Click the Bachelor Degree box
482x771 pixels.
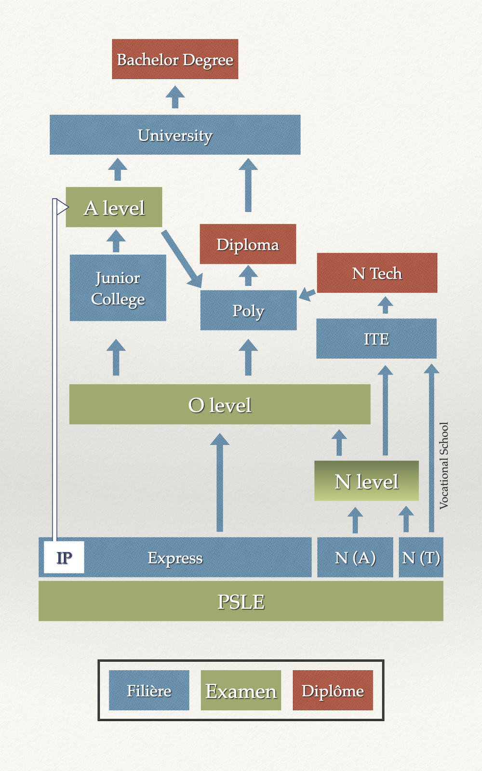point(175,59)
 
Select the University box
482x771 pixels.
point(175,135)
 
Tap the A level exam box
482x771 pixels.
point(114,207)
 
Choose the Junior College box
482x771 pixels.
point(118,288)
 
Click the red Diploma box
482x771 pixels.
point(248,244)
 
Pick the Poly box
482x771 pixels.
point(248,310)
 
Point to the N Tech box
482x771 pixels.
point(377,273)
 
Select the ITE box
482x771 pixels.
point(376,339)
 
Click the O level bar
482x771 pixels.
point(220,405)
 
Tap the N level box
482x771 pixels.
point(366,481)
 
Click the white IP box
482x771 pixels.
point(64,558)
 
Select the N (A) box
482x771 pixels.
point(355,558)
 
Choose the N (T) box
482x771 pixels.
point(421,558)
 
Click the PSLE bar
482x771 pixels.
point(241,601)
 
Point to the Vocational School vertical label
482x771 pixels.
point(444,465)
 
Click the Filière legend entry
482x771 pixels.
point(149,691)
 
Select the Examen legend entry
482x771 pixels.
point(241,691)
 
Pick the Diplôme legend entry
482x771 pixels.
point(333,691)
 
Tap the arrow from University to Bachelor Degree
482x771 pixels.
point(175,97)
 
